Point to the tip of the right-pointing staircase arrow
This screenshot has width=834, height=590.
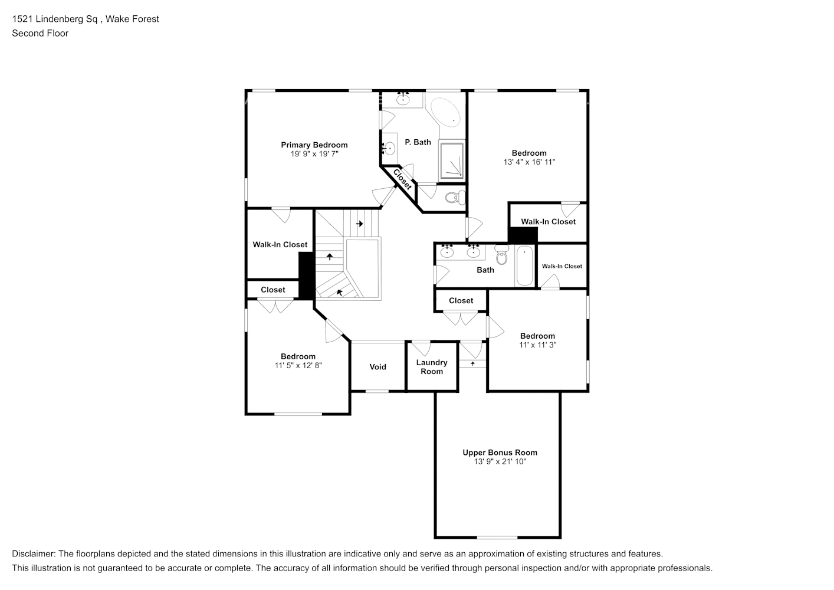tap(363, 224)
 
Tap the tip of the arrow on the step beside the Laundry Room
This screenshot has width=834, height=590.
tap(472, 361)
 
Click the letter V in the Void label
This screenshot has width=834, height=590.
tap(372, 367)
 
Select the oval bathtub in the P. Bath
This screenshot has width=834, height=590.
tap(446, 113)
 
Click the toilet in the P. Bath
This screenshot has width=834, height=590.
tap(455, 198)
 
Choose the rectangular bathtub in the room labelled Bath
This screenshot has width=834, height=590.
tap(524, 266)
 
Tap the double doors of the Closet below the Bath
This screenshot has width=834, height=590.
tap(461, 319)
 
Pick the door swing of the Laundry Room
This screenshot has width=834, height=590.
tap(421, 349)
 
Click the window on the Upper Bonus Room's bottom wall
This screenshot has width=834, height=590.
tap(497, 537)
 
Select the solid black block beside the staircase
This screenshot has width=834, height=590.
tap(307, 276)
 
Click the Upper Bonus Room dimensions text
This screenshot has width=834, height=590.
tap(500, 461)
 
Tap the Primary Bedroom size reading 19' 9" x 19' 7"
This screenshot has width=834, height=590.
tap(314, 154)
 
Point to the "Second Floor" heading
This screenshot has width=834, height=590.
tap(40, 33)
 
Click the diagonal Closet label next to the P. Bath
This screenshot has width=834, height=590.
tap(402, 179)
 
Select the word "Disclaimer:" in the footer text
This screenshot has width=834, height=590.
tap(34, 554)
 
